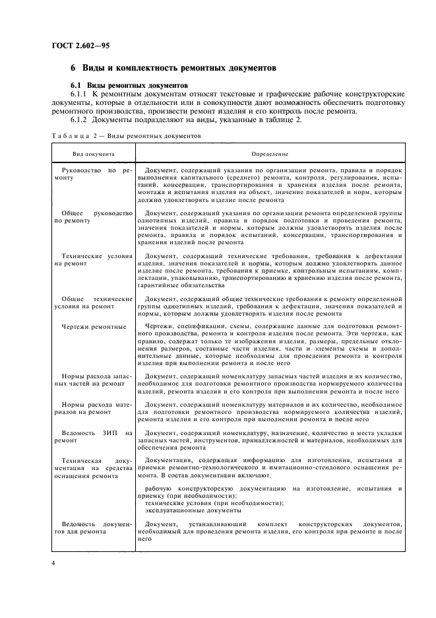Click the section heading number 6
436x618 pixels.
pyautogui.click(x=73, y=69)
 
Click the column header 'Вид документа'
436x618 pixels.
pyautogui.click(x=93, y=154)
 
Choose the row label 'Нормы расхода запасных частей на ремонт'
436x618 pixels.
pyautogui.click(x=93, y=379)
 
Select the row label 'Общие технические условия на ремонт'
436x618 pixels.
pyautogui.click(x=93, y=302)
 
